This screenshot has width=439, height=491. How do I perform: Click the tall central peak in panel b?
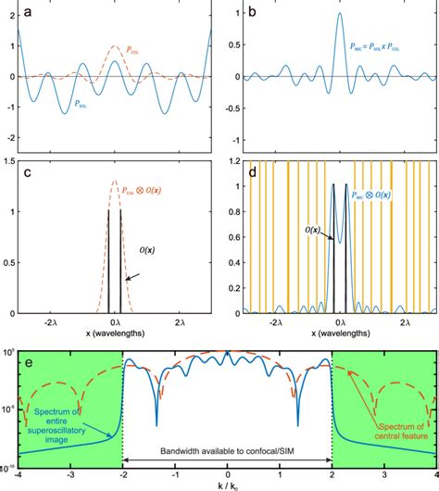pyautogui.click(x=339, y=14)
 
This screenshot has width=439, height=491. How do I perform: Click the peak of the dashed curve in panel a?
pyautogui.click(x=114, y=45)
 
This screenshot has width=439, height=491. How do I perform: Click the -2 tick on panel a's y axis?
pyautogui.click(x=10, y=137)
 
